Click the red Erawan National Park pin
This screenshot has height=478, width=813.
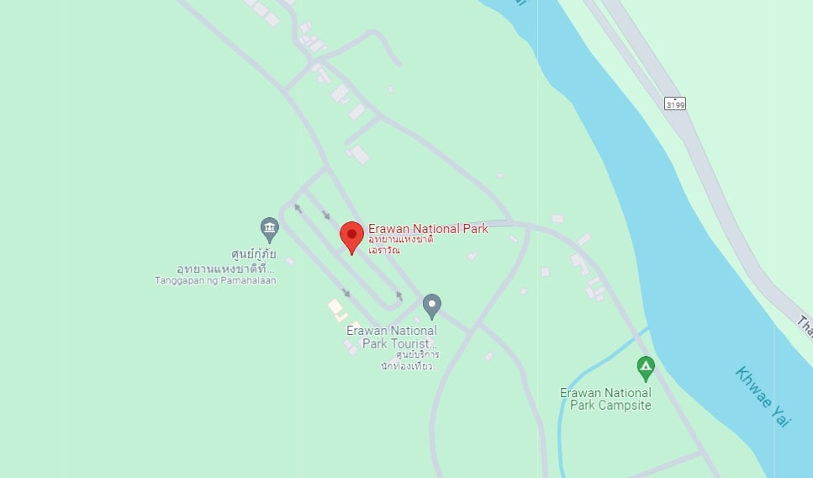click(x=351, y=235)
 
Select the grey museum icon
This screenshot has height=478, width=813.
click(x=269, y=228)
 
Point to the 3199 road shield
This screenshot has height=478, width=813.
click(x=674, y=104)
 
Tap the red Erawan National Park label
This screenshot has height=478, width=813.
click(x=428, y=229)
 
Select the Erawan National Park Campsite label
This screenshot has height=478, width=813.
click(x=605, y=399)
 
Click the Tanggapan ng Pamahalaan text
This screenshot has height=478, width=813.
click(x=215, y=281)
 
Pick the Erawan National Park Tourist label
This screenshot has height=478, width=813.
click(x=392, y=337)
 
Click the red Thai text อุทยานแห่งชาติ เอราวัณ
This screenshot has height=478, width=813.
click(x=401, y=244)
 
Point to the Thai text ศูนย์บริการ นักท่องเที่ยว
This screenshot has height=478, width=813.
click(x=409, y=360)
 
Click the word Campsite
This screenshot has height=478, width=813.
click(x=626, y=406)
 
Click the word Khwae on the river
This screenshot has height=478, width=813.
click(x=752, y=386)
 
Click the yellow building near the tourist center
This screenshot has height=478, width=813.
click(x=335, y=306)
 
